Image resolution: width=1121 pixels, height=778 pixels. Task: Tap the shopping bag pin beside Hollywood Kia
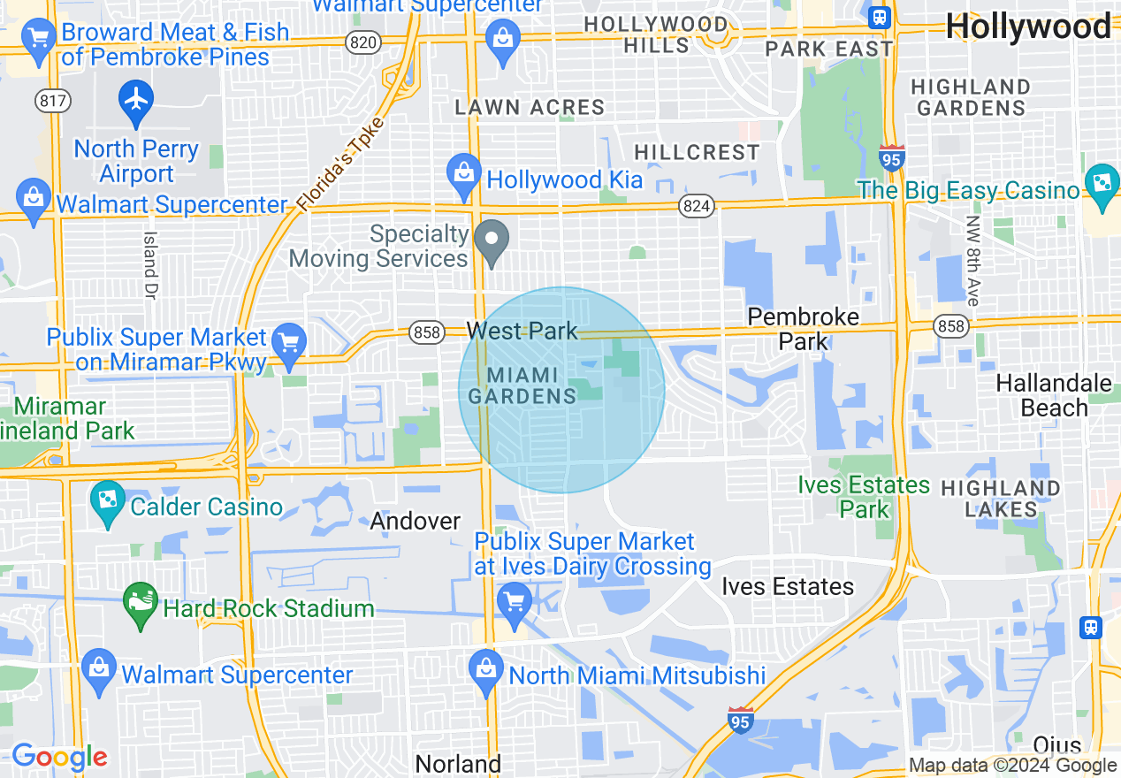point(464,172)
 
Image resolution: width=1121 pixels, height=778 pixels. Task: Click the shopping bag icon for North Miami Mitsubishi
point(485,669)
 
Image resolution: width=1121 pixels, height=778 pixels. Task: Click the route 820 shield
point(362,43)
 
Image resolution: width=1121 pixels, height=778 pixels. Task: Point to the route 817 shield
point(53,101)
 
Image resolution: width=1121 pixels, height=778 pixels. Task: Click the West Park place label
point(522,331)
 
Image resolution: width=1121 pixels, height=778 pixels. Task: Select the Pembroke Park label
point(803,329)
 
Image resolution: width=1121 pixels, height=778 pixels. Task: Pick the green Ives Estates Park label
point(864,497)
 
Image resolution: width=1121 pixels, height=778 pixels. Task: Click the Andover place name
point(416,521)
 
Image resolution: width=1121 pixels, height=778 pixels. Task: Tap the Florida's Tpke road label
point(341,164)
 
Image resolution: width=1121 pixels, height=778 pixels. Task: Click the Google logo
point(59,757)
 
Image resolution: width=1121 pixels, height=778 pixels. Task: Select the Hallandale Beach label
point(1054,395)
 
